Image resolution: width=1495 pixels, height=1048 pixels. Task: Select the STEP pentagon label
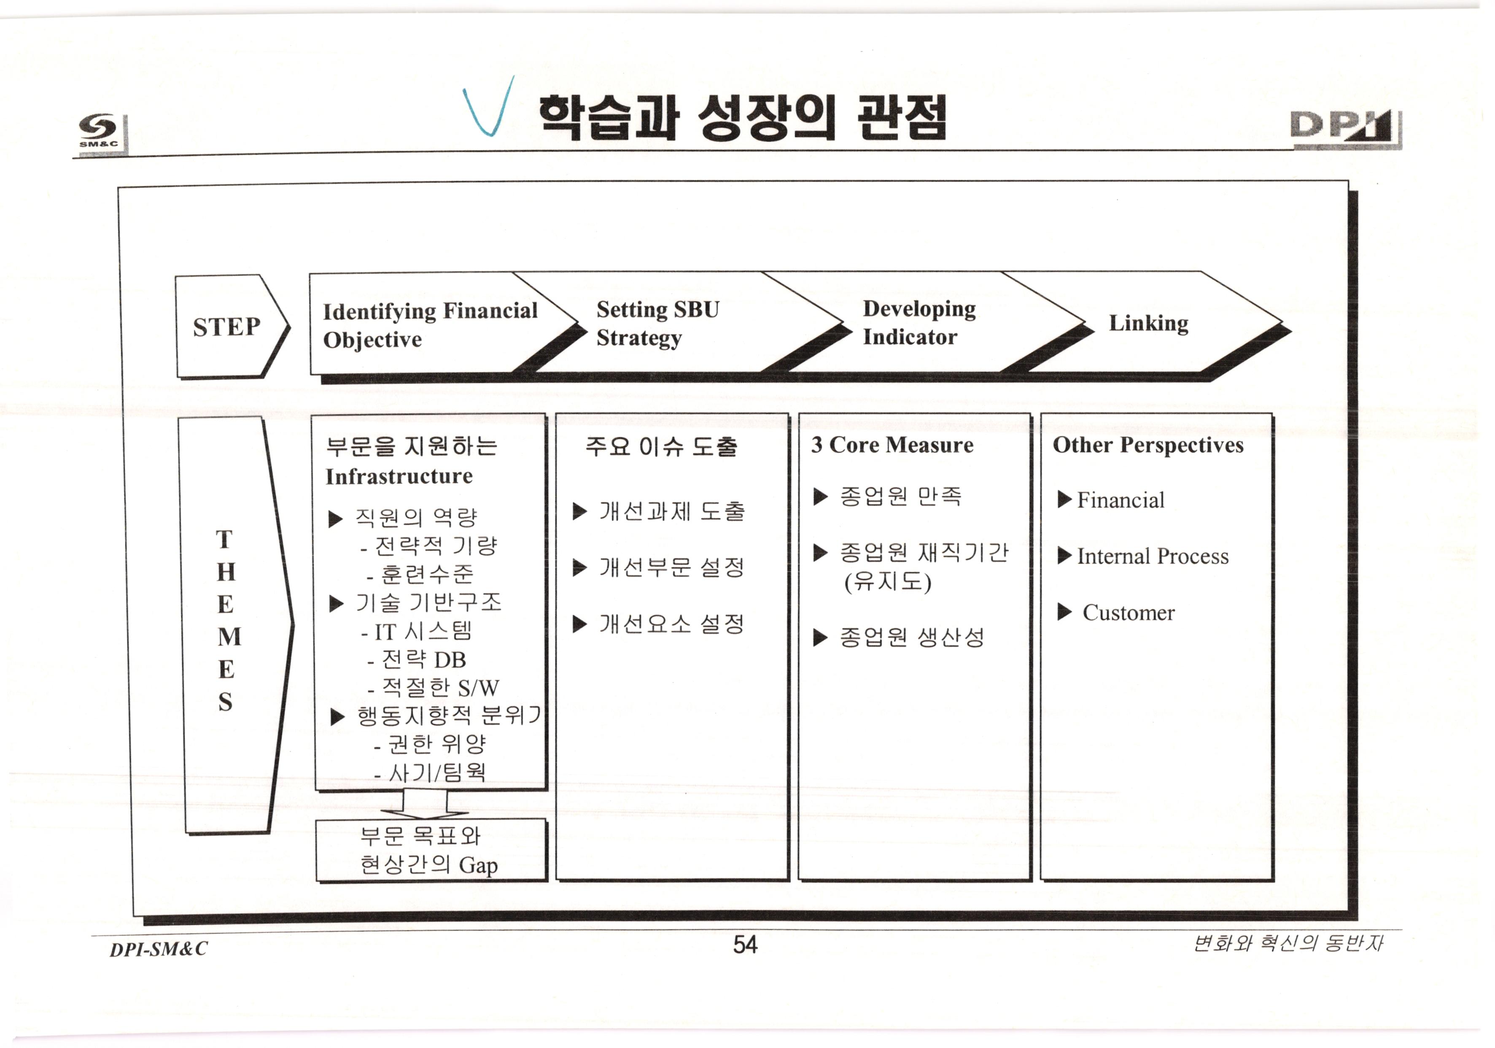pyautogui.click(x=226, y=326)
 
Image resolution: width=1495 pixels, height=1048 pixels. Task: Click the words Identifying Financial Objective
pyautogui.click(x=430, y=324)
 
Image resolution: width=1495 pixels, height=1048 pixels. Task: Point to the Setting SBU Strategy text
pyautogui.click(x=657, y=323)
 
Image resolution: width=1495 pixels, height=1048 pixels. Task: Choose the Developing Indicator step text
pyautogui.click(x=919, y=322)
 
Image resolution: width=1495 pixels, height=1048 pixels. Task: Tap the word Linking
pyautogui.click(x=1149, y=323)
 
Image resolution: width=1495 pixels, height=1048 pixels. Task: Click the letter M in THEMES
pyautogui.click(x=229, y=636)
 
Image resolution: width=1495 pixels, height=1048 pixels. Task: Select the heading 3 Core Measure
pyautogui.click(x=892, y=445)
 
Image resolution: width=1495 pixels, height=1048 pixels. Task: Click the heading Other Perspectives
pyautogui.click(x=1148, y=445)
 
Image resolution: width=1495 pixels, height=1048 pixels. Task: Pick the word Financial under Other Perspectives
pyautogui.click(x=1121, y=500)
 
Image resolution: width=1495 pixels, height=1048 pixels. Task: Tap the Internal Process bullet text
pyautogui.click(x=1153, y=556)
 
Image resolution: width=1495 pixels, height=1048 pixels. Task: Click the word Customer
pyautogui.click(x=1129, y=613)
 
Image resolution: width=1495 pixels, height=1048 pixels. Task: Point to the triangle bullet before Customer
pyautogui.click(x=1064, y=612)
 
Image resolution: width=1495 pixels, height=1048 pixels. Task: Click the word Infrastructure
pyautogui.click(x=399, y=476)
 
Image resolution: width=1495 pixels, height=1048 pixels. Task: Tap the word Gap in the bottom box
pyautogui.click(x=478, y=866)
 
